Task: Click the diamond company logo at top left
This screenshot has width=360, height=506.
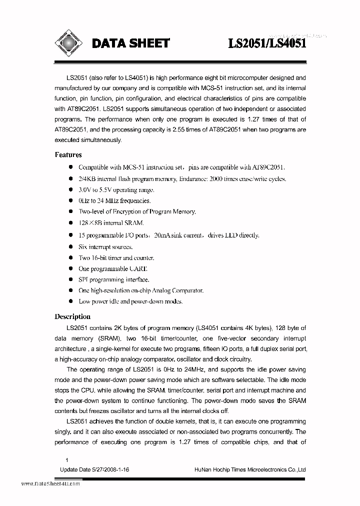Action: coord(67,43)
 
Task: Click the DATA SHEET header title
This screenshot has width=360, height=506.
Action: coord(130,44)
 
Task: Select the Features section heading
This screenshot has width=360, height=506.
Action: coord(68,155)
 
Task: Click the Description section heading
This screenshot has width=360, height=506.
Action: coord(72,316)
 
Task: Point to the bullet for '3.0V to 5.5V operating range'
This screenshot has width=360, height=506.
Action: coord(71,190)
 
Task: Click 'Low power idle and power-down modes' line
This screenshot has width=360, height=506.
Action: coord(130,301)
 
